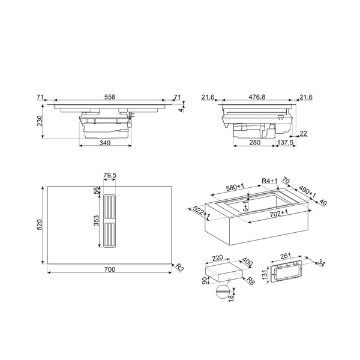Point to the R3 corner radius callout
click(x=179, y=268)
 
